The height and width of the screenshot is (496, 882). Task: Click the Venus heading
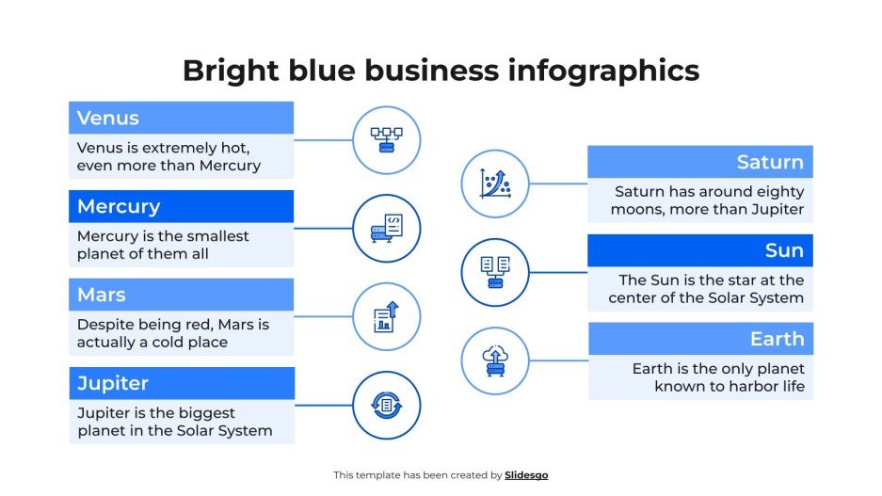108,119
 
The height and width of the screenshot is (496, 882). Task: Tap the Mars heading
102,296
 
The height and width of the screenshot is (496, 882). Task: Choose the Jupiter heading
113,384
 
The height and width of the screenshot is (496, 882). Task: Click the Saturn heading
770,162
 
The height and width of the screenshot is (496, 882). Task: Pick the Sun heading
784,250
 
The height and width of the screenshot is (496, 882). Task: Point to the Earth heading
777,339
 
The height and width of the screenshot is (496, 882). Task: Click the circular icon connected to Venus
386,140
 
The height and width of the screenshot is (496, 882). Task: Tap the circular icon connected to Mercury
386,229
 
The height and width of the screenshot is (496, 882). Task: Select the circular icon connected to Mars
386,317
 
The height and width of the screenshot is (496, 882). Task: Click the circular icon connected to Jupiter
386,406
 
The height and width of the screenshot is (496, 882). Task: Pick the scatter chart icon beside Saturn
495,184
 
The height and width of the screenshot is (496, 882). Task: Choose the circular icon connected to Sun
495,272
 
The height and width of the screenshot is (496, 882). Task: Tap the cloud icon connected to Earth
495,360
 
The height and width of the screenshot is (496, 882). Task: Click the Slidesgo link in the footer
526,475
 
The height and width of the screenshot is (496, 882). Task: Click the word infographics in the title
593,71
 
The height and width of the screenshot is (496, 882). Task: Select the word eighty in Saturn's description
780,192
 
